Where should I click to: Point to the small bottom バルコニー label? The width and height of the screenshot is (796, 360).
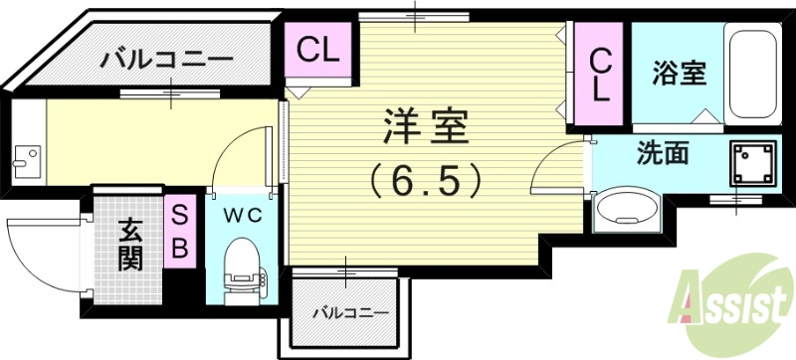click(347, 312)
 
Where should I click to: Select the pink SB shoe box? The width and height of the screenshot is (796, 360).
click(180, 233)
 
